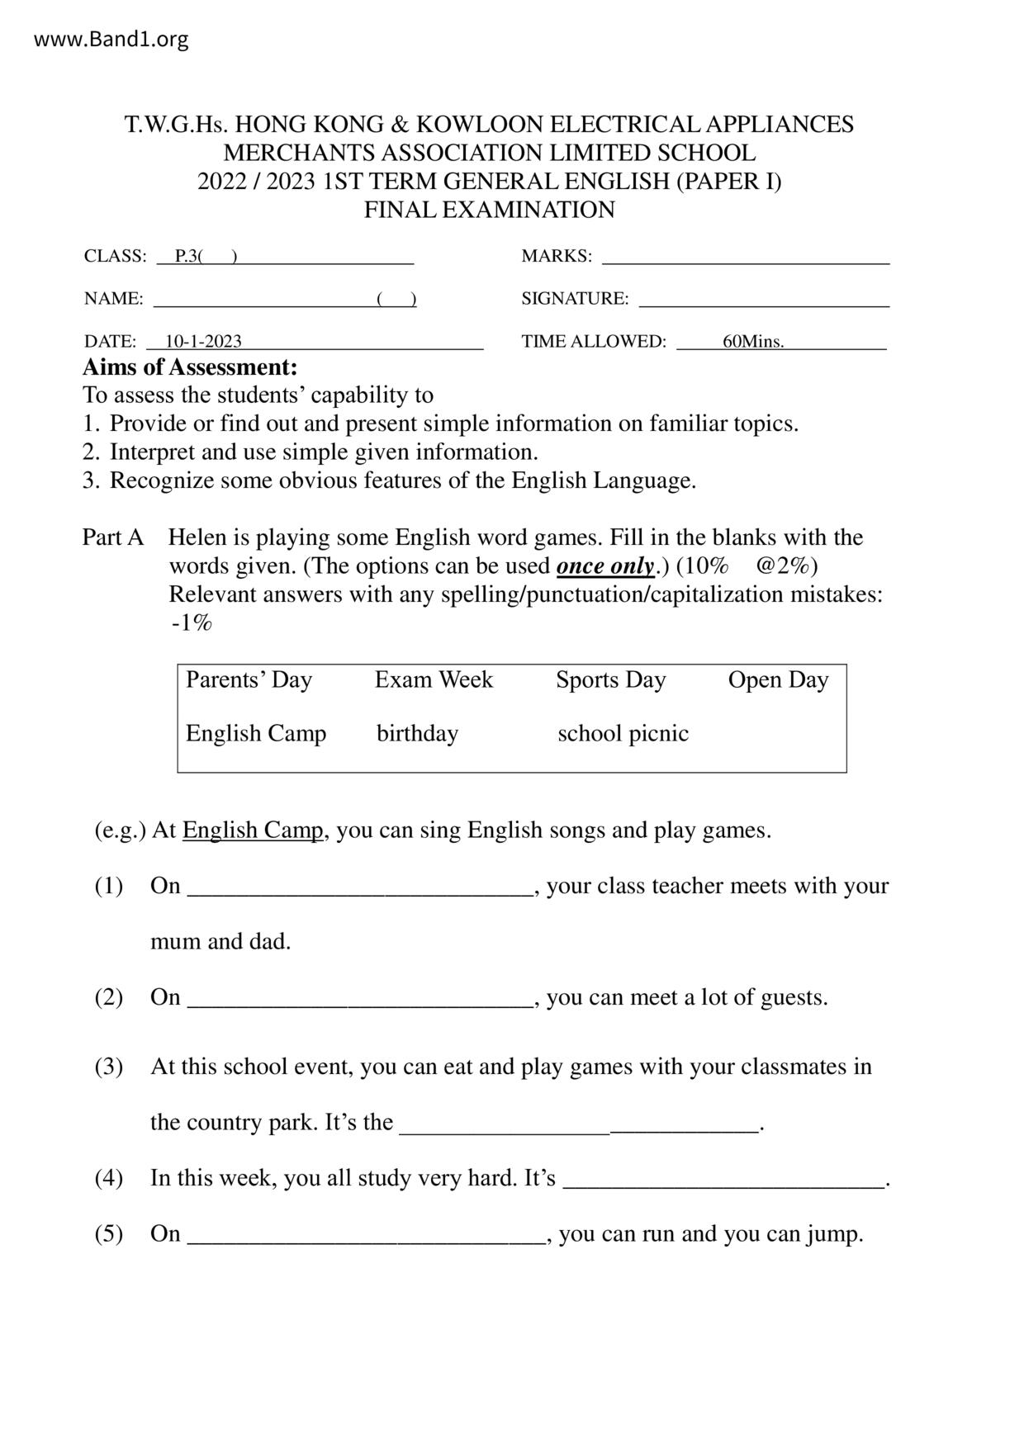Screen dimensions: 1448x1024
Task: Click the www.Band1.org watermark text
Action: tap(111, 40)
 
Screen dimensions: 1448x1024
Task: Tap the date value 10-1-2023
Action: tap(203, 342)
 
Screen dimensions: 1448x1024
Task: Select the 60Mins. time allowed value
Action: tap(753, 342)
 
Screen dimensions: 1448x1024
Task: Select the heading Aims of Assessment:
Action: tap(190, 367)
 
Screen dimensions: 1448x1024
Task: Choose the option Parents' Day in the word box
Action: tap(249, 679)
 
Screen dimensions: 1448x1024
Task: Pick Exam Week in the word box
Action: tap(434, 679)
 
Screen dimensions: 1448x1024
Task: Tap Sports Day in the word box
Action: tap(610, 679)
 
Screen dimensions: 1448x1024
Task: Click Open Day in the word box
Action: tap(778, 679)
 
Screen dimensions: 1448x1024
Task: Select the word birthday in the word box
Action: tap(417, 733)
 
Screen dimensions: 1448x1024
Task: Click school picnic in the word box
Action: tap(623, 733)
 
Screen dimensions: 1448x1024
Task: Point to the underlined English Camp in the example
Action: tap(253, 830)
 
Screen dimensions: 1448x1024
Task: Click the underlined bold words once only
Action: tap(606, 566)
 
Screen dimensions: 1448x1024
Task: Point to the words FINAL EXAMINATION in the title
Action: tap(490, 210)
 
